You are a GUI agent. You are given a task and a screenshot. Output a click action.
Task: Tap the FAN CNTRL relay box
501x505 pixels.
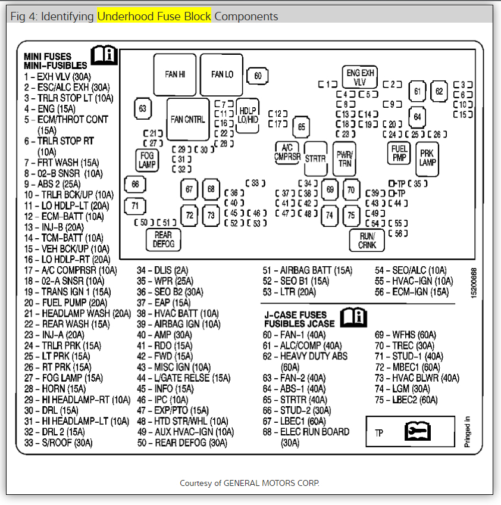pyautogui.click(x=187, y=119)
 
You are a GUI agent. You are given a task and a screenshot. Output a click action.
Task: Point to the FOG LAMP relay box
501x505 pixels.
pyautogui.click(x=146, y=160)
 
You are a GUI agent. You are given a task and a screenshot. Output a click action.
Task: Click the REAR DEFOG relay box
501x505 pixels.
pyautogui.click(x=163, y=239)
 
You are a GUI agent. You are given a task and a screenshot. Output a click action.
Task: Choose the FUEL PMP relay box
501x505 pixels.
pyautogui.click(x=399, y=153)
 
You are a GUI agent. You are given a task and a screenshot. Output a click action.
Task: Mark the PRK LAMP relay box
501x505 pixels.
pyautogui.click(x=427, y=158)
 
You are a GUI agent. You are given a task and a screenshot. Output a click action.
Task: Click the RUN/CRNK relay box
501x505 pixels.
pyautogui.click(x=367, y=240)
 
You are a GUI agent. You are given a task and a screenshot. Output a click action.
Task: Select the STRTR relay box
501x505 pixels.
pyautogui.click(x=315, y=159)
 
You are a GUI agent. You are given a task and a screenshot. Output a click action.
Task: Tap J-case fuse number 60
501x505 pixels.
pyautogui.click(x=258, y=76)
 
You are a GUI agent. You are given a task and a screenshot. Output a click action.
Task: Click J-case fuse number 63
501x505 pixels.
pyautogui.click(x=142, y=108)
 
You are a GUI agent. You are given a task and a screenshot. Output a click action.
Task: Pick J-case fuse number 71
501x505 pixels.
pyautogui.click(x=135, y=206)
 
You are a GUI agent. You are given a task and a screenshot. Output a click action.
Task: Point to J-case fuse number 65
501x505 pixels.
pyautogui.click(x=302, y=126)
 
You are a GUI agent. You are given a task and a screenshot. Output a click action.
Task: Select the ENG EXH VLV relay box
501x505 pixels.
pyautogui.click(x=360, y=77)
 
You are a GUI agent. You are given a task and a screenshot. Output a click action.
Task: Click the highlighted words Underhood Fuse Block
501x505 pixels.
pyautogui.click(x=154, y=16)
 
